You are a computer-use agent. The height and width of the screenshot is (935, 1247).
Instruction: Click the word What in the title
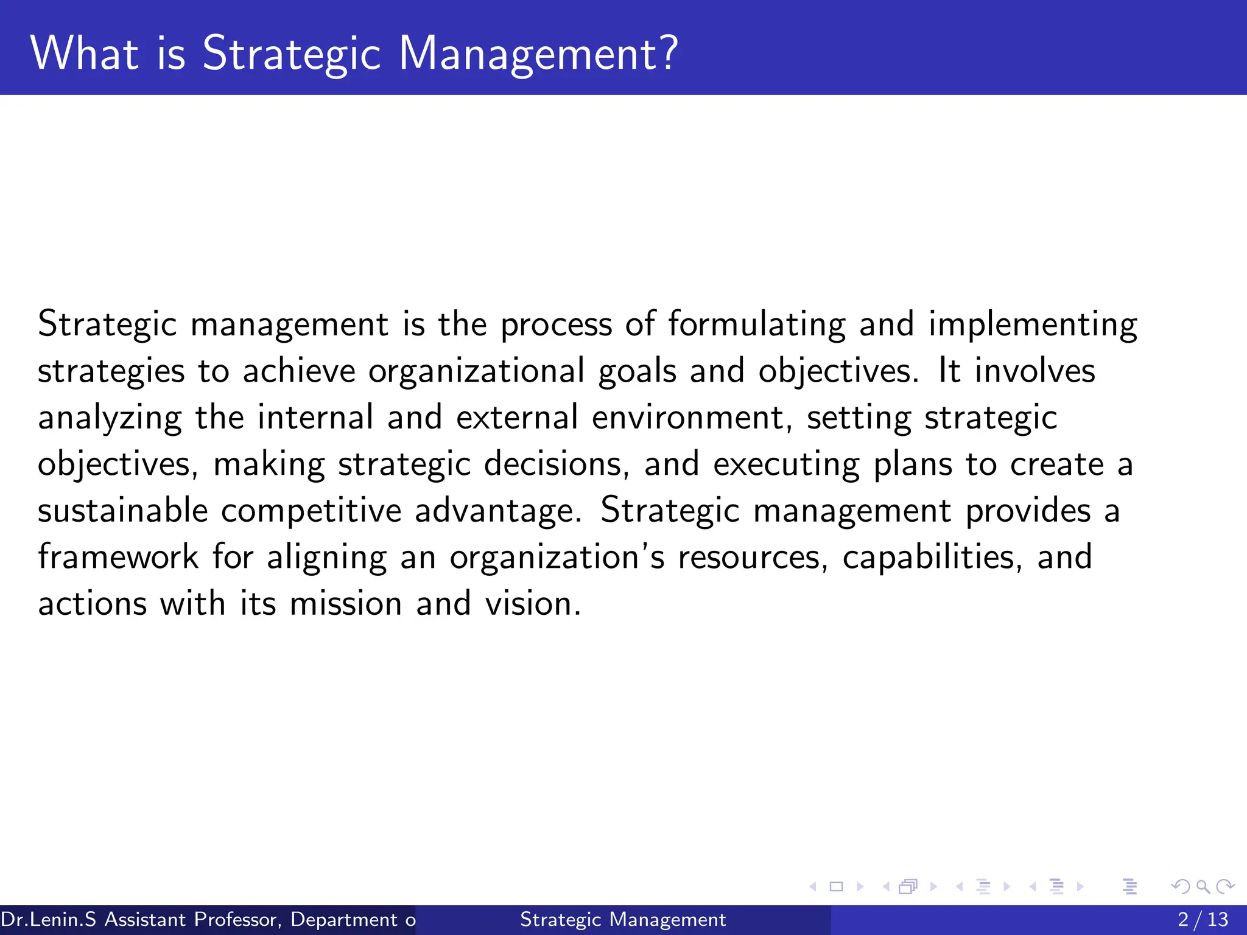pos(84,54)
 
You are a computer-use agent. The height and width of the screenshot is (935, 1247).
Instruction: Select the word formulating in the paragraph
pos(757,324)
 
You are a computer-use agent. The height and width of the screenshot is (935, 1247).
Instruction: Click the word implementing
pos(1033,324)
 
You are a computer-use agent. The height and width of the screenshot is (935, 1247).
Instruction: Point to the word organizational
pos(476,371)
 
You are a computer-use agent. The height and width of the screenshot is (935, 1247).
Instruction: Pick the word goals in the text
pos(637,371)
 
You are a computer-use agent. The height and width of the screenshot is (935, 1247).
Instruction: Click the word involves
pos(1034,371)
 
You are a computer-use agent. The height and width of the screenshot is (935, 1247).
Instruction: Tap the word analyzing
pos(110,418)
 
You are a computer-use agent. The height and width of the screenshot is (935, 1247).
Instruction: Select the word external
pos(517,418)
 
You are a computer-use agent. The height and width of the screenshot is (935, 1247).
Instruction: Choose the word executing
pos(786,464)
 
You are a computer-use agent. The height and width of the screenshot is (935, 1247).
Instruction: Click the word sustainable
pos(123,511)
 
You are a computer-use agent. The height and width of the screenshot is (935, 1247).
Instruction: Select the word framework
pos(118,558)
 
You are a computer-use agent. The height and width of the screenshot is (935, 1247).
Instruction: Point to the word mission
pos(345,604)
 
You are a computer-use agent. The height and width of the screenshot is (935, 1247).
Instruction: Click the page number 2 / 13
pos(1203,919)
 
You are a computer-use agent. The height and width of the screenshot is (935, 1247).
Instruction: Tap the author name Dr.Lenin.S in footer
pos(49,919)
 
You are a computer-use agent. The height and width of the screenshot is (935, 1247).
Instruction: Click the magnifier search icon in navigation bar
pos(1203,886)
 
